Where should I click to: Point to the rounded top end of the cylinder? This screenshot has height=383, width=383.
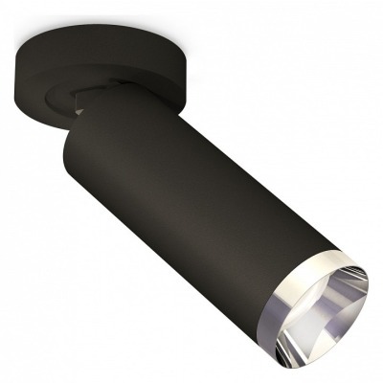coord(101,105)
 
